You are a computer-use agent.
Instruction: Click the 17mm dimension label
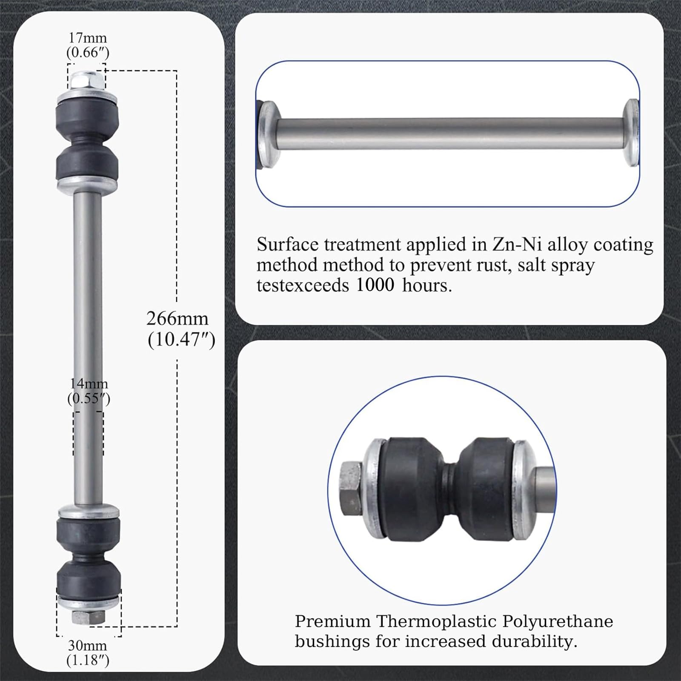(x=88, y=38)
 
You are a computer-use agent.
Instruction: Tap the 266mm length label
(x=177, y=319)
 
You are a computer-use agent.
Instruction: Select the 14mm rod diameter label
(x=89, y=383)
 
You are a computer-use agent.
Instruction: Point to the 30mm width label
(x=88, y=646)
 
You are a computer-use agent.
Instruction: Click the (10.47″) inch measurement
(x=181, y=340)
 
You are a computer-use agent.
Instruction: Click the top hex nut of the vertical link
(x=87, y=80)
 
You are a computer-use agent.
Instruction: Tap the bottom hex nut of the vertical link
(x=89, y=617)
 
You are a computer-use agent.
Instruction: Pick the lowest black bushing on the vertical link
(x=89, y=578)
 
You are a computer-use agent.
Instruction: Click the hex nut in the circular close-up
(x=351, y=488)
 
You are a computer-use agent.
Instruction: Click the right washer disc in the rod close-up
(x=631, y=134)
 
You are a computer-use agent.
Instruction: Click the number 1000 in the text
(x=375, y=285)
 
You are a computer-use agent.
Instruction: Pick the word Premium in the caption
(x=332, y=621)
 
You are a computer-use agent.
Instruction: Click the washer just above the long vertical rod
(x=87, y=184)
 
